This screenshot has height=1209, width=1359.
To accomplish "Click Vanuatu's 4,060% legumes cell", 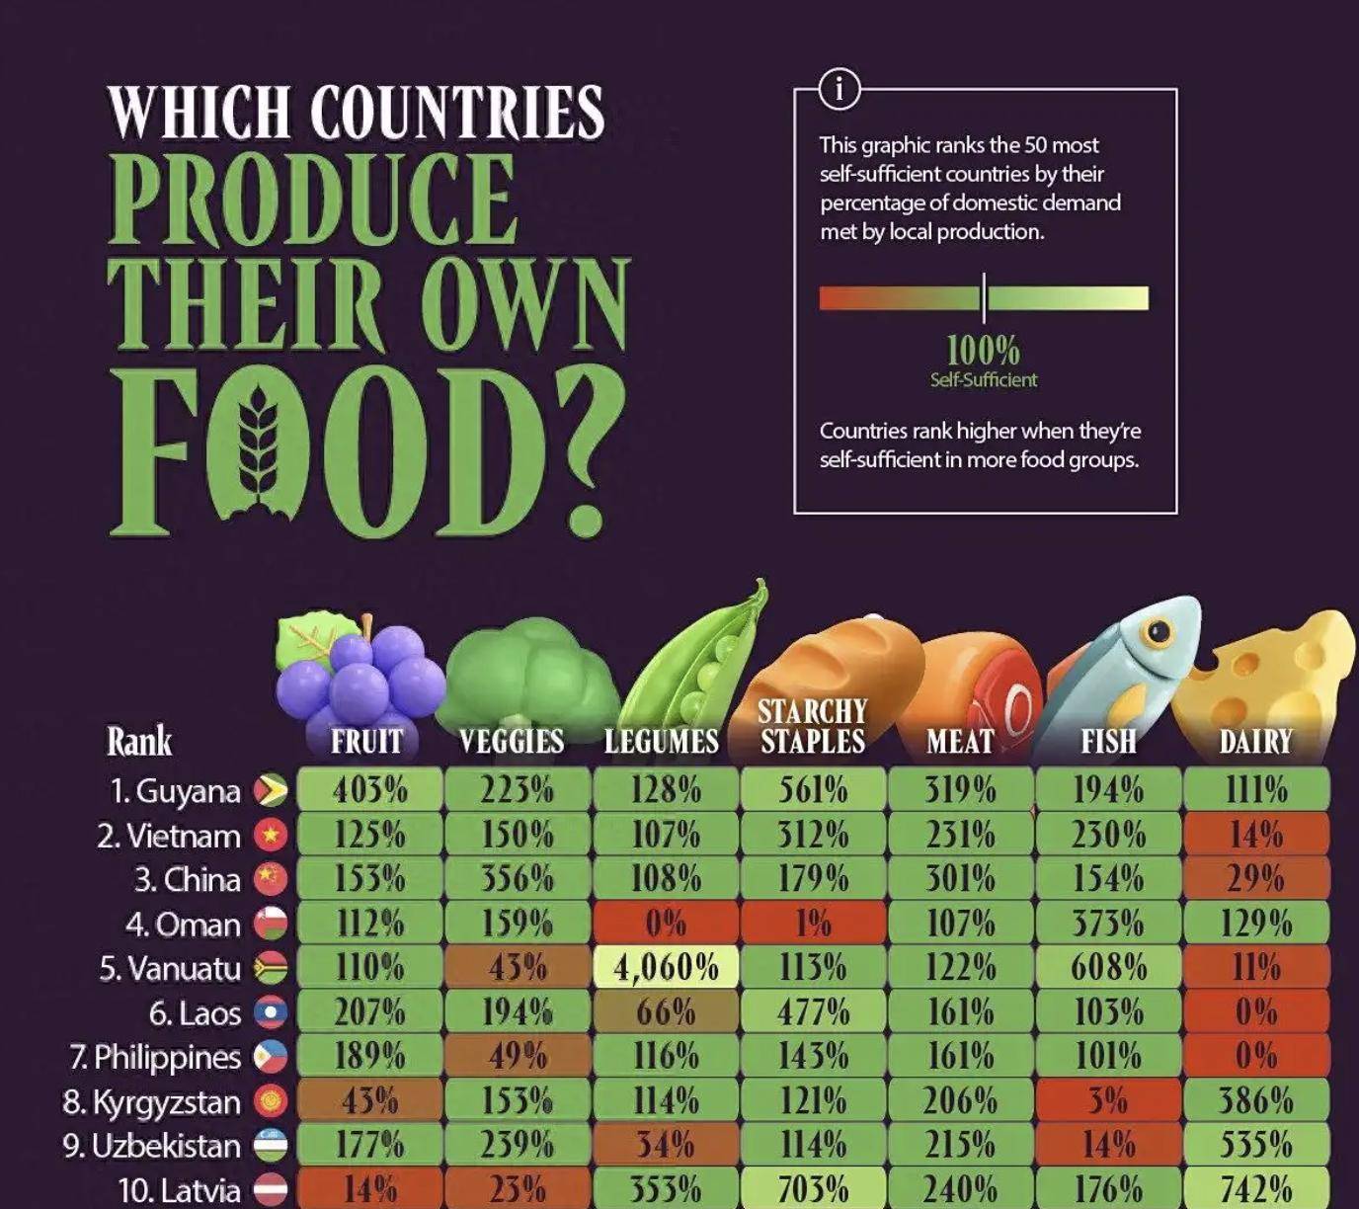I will [x=666, y=967].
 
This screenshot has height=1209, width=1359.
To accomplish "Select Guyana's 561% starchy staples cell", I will [x=813, y=790].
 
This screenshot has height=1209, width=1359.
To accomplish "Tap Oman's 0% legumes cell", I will [x=666, y=924].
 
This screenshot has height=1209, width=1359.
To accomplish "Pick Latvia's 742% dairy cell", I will [x=1256, y=1188].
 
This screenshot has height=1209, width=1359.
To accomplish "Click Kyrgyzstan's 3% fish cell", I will [x=1108, y=1100].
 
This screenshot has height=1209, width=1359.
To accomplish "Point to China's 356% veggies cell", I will [x=518, y=879].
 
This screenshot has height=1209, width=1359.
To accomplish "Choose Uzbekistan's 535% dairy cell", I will [x=1256, y=1145].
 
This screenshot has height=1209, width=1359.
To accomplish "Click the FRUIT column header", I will [x=367, y=742].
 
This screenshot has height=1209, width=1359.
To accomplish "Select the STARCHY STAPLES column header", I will [x=813, y=727].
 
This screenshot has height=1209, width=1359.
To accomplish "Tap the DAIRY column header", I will [x=1255, y=742].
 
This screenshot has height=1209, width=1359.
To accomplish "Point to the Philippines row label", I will [x=155, y=1057].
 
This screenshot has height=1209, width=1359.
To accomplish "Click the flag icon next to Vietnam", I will [x=271, y=836].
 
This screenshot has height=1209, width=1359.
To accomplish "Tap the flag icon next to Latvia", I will [x=271, y=1189].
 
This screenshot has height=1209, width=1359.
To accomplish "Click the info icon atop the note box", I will [x=839, y=90].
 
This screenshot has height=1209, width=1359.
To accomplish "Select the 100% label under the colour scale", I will [x=983, y=351].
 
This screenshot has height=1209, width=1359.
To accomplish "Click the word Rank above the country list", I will [x=139, y=742].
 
